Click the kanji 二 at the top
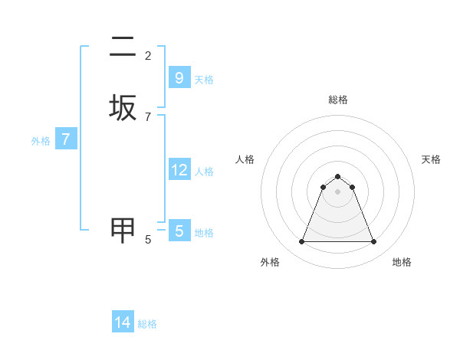click(x=123, y=47)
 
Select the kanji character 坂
click(x=123, y=107)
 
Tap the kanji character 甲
click(x=123, y=230)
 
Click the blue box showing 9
click(x=179, y=77)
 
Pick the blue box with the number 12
click(x=179, y=169)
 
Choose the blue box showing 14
click(x=123, y=322)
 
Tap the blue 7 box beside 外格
click(x=66, y=139)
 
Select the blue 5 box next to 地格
click(x=179, y=231)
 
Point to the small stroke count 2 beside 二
click(x=148, y=56)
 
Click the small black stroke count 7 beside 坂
click(x=148, y=116)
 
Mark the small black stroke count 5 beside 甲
click(x=148, y=240)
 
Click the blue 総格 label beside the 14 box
click(x=147, y=324)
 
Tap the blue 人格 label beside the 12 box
click(x=204, y=172)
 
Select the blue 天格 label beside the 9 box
click(x=204, y=80)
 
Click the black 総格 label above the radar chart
click(x=338, y=100)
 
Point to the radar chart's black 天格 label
click(x=431, y=159)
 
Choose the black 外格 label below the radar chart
click(x=270, y=262)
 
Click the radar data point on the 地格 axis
click(x=373, y=242)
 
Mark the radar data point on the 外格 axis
click(x=301, y=242)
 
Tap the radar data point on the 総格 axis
click(x=337, y=176)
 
